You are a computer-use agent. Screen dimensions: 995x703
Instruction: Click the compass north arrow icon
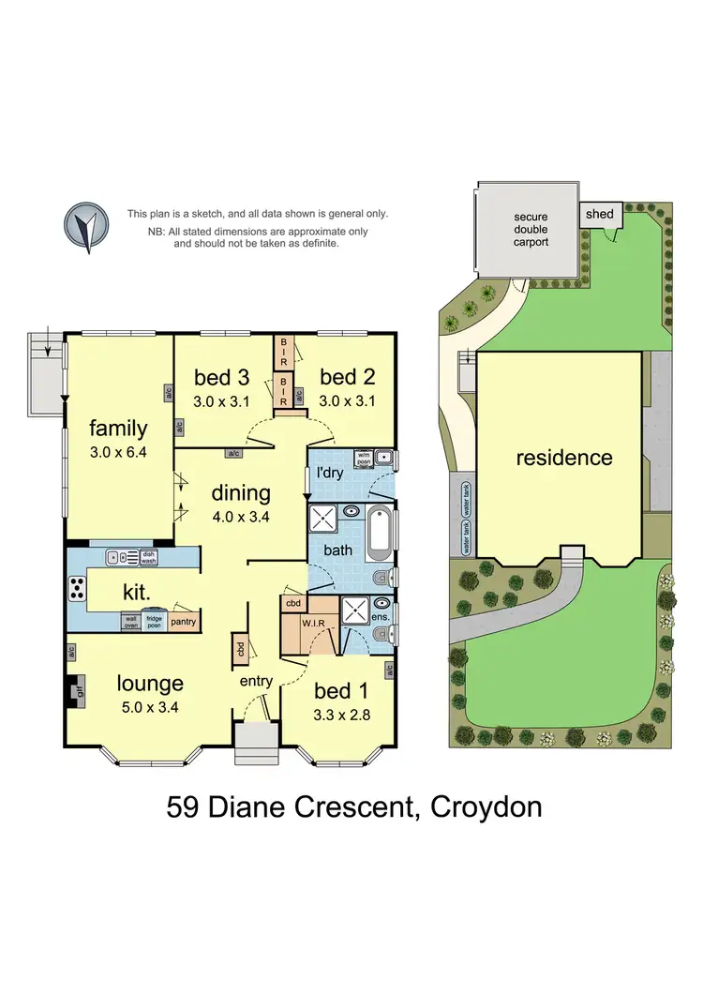click(85, 227)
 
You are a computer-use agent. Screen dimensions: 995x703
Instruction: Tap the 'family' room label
click(118, 429)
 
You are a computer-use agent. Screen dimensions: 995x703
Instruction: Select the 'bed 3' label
click(221, 377)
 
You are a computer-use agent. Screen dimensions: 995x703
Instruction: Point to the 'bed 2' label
click(347, 377)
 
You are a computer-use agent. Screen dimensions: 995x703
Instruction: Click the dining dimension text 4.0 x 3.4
click(240, 515)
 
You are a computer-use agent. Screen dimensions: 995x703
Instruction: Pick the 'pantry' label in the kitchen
click(184, 621)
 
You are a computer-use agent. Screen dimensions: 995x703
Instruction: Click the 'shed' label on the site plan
click(599, 214)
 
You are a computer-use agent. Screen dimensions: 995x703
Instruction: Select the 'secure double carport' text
click(531, 229)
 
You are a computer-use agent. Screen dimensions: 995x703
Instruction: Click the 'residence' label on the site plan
click(564, 458)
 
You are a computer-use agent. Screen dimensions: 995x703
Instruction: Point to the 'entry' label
click(255, 681)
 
